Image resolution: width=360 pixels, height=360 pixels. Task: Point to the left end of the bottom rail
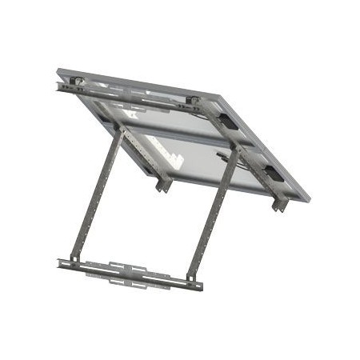(x=62, y=262)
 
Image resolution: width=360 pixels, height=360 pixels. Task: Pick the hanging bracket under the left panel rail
(x=163, y=183)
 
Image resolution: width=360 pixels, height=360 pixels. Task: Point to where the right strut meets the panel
(x=235, y=152)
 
